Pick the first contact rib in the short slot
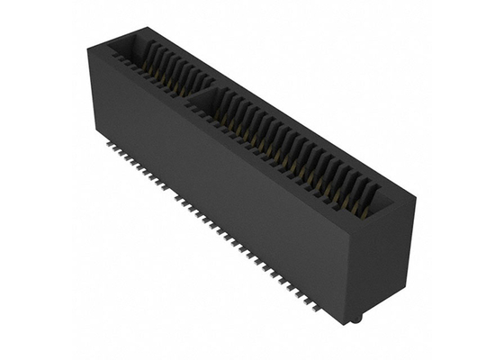click(x=144, y=54)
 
